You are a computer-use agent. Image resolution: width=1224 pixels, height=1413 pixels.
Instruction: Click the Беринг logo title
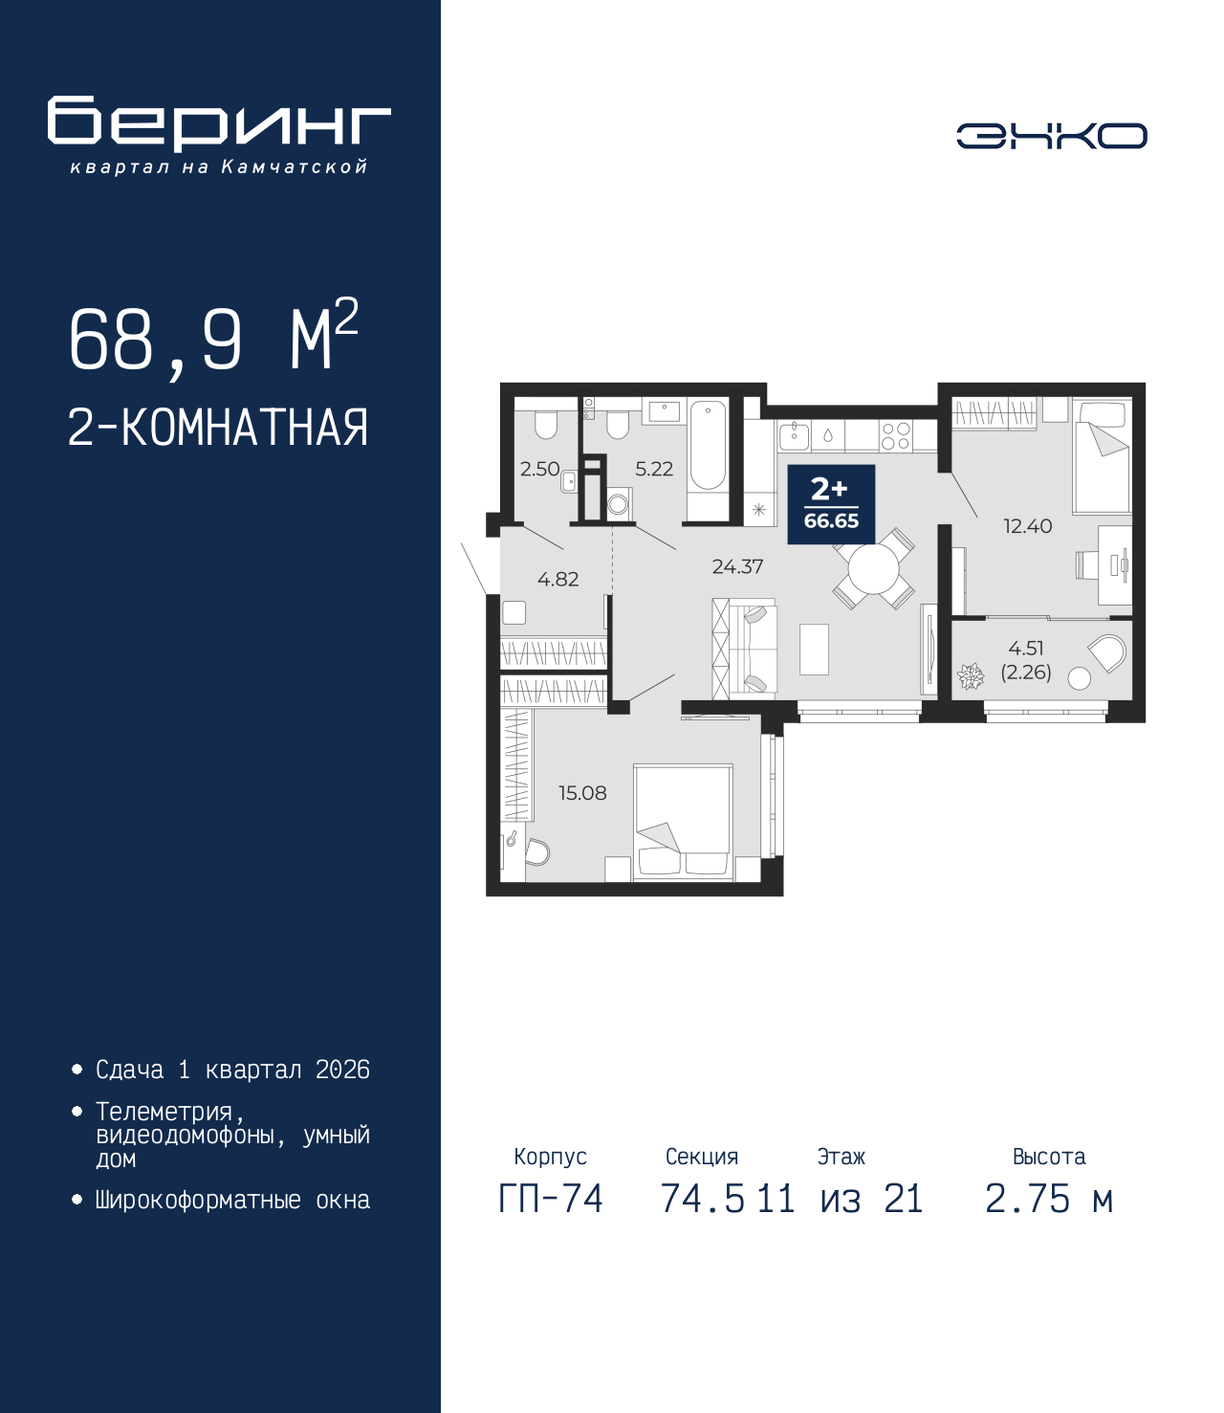point(219,123)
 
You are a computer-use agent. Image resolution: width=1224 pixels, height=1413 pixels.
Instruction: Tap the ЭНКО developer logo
point(1051,135)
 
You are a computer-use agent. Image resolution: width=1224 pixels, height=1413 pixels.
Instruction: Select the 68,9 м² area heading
point(213,337)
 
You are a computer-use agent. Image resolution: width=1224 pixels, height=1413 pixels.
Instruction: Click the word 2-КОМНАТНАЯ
point(218,428)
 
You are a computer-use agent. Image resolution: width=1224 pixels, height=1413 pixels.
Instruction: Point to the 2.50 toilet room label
point(539,469)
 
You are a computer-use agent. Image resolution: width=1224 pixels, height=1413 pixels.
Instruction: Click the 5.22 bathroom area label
point(654,469)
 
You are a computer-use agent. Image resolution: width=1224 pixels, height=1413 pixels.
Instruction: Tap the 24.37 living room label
point(737,566)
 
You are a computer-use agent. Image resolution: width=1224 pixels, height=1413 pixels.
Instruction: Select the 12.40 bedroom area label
point(1027,526)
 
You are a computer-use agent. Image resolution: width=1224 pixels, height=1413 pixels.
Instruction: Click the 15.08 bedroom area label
point(582,793)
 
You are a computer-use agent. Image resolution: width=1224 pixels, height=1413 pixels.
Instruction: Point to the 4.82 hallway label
point(557,580)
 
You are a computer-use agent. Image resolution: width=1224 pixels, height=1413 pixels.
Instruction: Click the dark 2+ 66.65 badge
point(831,504)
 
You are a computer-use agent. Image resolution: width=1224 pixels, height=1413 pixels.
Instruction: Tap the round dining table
point(873,569)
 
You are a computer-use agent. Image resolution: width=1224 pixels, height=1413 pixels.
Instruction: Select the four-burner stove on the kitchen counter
point(896,435)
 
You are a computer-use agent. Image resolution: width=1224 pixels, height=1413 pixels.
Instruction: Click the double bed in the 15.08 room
point(683,822)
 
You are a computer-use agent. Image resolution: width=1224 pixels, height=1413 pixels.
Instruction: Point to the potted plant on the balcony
point(970,676)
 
